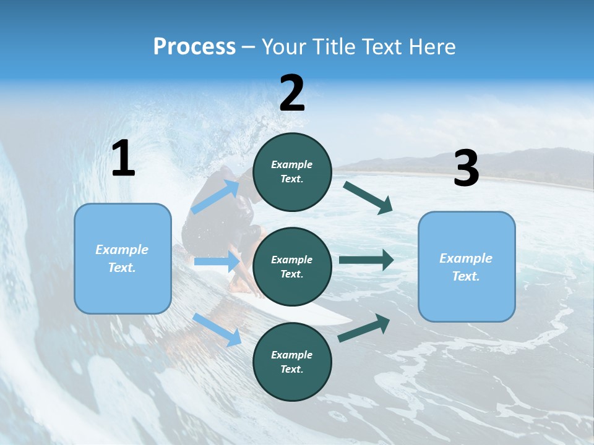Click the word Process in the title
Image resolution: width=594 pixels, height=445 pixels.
pyautogui.click(x=194, y=47)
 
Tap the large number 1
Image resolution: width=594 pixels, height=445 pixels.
pyautogui.click(x=123, y=159)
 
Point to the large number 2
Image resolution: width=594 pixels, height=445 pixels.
pyautogui.click(x=292, y=93)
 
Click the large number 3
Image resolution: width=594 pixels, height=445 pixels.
pyautogui.click(x=466, y=169)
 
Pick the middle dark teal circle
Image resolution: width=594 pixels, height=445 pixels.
pyautogui.click(x=292, y=266)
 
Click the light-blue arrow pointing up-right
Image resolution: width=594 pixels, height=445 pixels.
pyautogui.click(x=216, y=197)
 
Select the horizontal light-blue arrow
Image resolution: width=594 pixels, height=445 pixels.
pyautogui.click(x=217, y=261)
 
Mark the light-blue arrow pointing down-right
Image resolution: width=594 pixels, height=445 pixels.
pyautogui.click(x=217, y=329)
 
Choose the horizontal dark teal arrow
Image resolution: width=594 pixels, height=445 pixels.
pyautogui.click(x=366, y=260)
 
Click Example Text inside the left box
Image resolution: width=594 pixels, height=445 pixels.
pyautogui.click(x=122, y=258)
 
